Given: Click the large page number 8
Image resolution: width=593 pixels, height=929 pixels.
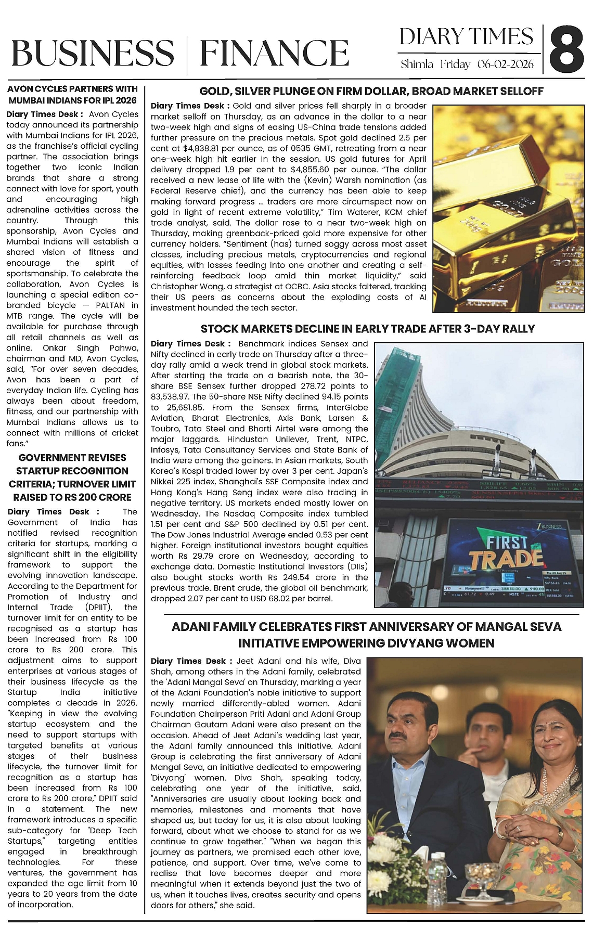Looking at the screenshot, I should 567,50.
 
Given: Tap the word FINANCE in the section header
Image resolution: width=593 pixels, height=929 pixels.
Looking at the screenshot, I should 274,54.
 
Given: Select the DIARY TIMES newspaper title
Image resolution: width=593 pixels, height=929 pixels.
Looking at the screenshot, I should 466,37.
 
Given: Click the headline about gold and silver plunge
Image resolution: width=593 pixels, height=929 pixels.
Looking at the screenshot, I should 371,92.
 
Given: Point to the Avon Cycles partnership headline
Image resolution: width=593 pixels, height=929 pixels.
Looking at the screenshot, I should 72,95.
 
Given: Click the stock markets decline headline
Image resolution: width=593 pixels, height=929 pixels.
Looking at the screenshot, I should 368,329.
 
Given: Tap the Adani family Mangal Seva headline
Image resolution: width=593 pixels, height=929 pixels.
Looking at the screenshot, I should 366,635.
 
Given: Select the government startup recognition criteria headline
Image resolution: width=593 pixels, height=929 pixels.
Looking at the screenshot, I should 72,478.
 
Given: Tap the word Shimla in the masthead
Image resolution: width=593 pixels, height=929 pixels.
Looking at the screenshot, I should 417,64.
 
